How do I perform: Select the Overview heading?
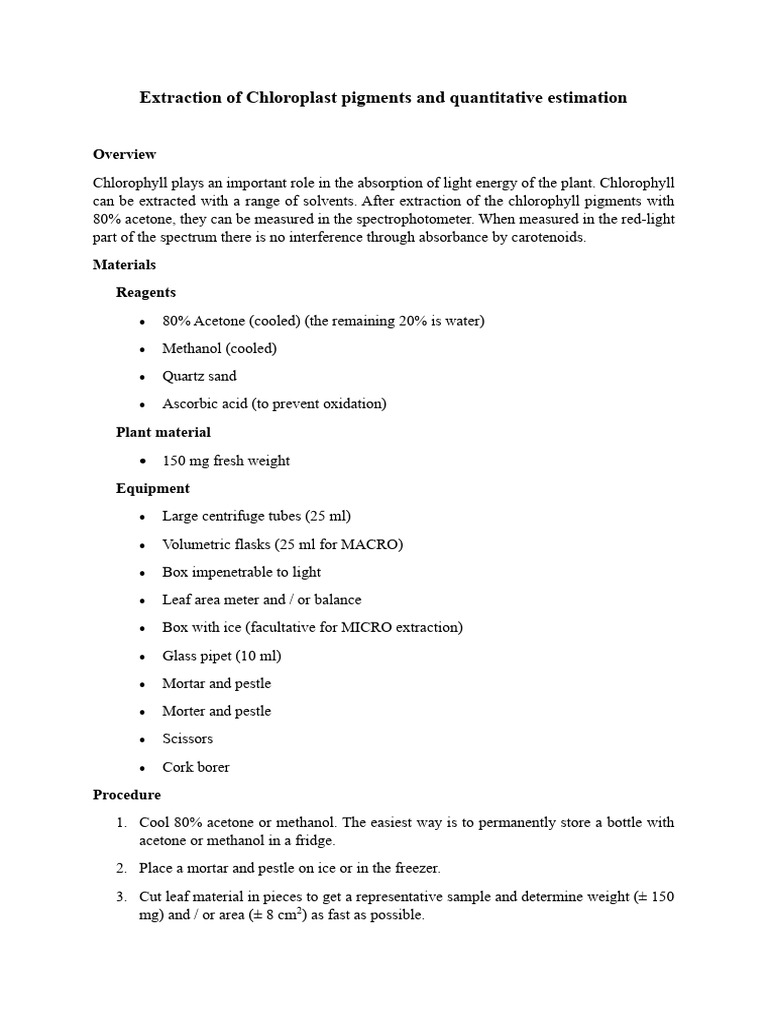coord(124,154)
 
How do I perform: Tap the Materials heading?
coord(124,265)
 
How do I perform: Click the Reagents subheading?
coord(146,292)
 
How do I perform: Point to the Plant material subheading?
coord(163,432)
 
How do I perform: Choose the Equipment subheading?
coord(152,488)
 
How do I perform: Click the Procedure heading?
coord(126,795)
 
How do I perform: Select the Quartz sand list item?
coord(199,376)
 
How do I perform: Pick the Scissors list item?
coord(187,739)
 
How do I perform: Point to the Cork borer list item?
coord(196,767)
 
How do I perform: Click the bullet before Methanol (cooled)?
coord(143,349)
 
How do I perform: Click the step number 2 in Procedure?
coord(121,867)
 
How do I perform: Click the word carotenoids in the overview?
coord(548,237)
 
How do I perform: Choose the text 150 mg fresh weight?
coord(226,460)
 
